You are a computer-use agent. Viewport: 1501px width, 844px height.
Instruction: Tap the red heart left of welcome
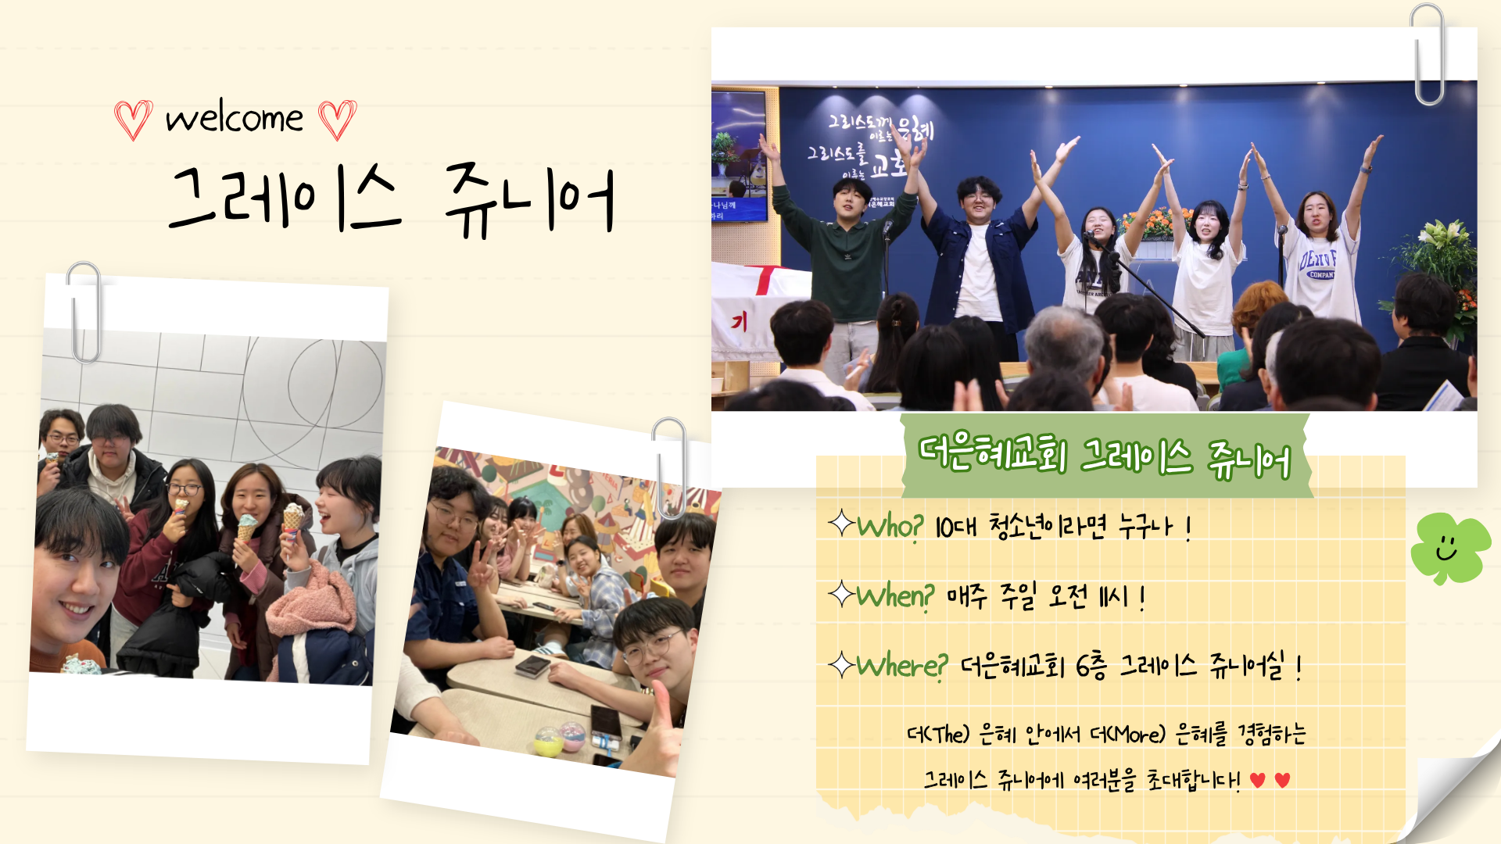click(x=133, y=120)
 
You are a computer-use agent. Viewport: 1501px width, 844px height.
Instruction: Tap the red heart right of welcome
click(x=338, y=120)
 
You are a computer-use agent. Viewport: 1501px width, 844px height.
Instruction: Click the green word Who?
click(x=890, y=527)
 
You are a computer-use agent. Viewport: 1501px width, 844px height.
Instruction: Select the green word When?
click(x=895, y=597)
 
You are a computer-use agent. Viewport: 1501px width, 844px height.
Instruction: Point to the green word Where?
click(x=902, y=667)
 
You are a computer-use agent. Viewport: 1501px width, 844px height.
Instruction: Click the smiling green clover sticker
click(x=1450, y=549)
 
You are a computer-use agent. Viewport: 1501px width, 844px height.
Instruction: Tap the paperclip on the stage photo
click(x=1428, y=55)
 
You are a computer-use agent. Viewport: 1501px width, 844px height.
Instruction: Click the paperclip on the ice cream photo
click(x=84, y=313)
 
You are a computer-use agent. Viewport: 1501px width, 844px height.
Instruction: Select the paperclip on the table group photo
click(x=669, y=467)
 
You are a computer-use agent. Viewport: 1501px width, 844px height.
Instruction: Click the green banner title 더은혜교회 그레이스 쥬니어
click(x=1105, y=457)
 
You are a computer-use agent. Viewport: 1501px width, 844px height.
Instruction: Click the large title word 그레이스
click(x=285, y=198)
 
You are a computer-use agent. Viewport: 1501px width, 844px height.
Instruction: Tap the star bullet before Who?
click(x=841, y=523)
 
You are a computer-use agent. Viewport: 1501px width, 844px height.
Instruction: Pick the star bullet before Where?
click(x=841, y=665)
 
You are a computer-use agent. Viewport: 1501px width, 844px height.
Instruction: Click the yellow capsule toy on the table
click(x=548, y=741)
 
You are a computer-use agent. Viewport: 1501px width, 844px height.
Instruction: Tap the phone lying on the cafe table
click(x=533, y=667)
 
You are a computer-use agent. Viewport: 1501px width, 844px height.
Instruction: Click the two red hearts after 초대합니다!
click(x=1270, y=780)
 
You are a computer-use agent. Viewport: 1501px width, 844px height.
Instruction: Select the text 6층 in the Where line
click(x=1091, y=667)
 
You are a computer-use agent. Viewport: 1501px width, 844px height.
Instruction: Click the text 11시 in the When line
click(x=1113, y=598)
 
